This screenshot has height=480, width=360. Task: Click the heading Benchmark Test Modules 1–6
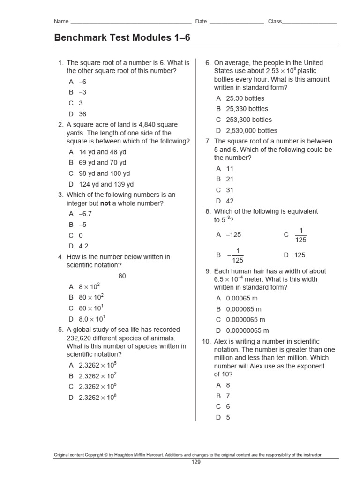(x=122, y=37)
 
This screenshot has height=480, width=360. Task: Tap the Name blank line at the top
(x=130, y=22)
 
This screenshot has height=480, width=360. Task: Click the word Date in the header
(x=201, y=22)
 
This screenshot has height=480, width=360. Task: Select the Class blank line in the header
(x=309, y=22)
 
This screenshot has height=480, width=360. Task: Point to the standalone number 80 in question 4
(x=122, y=276)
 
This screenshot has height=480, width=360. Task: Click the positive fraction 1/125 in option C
(x=301, y=235)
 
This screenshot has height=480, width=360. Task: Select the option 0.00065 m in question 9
(x=242, y=298)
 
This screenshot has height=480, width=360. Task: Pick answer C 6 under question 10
(x=228, y=406)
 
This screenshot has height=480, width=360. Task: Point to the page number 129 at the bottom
(x=196, y=462)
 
